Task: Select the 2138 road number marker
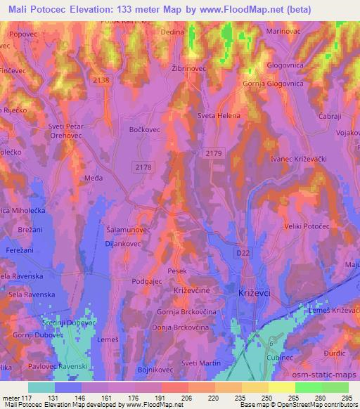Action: pos(101,80)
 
